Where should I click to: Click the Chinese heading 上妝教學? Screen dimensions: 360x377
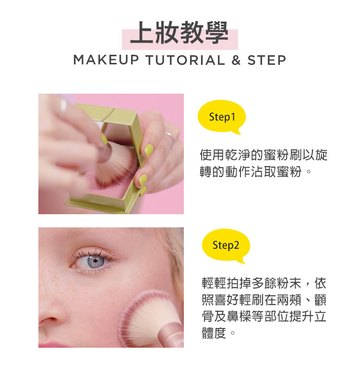179,33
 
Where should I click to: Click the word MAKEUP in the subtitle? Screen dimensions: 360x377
106,60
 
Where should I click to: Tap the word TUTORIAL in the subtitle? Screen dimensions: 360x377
185,60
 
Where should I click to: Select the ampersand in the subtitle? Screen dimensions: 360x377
236,60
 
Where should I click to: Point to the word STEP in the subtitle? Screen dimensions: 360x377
267,60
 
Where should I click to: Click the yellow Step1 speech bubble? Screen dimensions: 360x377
222,117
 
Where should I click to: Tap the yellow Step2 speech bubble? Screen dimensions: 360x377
226,245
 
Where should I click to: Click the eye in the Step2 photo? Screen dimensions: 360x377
94,261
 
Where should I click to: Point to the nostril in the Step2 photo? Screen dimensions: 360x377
49,320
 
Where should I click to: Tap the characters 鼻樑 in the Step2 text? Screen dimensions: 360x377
233,316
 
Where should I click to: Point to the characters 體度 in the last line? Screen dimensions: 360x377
214,333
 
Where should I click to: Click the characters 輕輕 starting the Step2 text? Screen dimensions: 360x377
214,283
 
